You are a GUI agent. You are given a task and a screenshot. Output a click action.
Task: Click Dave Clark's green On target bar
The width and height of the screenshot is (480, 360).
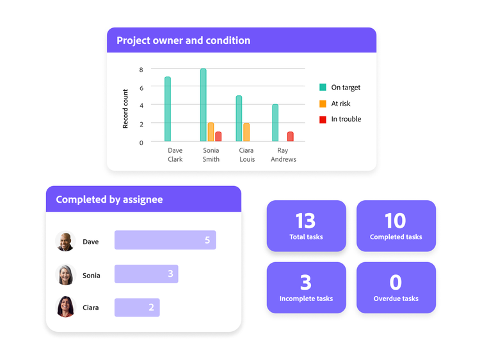pos(168,109)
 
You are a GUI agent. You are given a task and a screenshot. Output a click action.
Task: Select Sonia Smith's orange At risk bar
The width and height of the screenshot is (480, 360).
pos(211,132)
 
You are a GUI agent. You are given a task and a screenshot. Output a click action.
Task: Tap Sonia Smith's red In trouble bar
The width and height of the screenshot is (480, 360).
pos(218,136)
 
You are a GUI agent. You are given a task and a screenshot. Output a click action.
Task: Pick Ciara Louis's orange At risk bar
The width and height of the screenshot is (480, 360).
pos(246,132)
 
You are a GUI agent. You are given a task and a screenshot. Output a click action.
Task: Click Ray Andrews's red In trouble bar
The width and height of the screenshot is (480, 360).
pos(290,136)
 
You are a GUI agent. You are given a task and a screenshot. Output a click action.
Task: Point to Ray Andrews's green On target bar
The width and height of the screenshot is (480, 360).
pos(275,123)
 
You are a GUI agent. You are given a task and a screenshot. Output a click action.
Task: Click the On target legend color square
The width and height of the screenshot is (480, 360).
pos(323,88)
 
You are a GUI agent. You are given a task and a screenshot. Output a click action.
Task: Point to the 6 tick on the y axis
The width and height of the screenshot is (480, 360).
pos(141,87)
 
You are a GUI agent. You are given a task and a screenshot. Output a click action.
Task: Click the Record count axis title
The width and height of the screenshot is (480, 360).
pos(125,109)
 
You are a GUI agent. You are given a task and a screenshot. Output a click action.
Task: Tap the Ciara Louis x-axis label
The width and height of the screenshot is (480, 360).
pos(246,155)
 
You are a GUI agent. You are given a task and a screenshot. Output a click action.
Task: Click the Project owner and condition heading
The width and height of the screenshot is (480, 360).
pos(183,40)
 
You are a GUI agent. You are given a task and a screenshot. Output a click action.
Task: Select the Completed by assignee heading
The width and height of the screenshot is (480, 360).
pos(109,200)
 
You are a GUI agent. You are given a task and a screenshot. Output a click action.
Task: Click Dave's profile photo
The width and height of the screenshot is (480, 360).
pos(65,242)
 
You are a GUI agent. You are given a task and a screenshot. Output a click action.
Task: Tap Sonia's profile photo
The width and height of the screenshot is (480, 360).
pos(65,275)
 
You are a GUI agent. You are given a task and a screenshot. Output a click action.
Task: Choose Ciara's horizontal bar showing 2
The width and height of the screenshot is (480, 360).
pos(137,308)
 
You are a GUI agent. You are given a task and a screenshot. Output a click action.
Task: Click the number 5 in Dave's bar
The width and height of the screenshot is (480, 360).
pos(207,240)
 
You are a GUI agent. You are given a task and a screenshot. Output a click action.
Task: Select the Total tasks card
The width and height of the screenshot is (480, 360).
pos(306,226)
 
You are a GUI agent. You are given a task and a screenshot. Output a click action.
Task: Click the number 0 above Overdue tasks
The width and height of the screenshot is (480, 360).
pos(396,282)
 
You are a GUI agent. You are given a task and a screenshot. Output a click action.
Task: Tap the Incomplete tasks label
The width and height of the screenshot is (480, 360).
pos(306,299)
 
